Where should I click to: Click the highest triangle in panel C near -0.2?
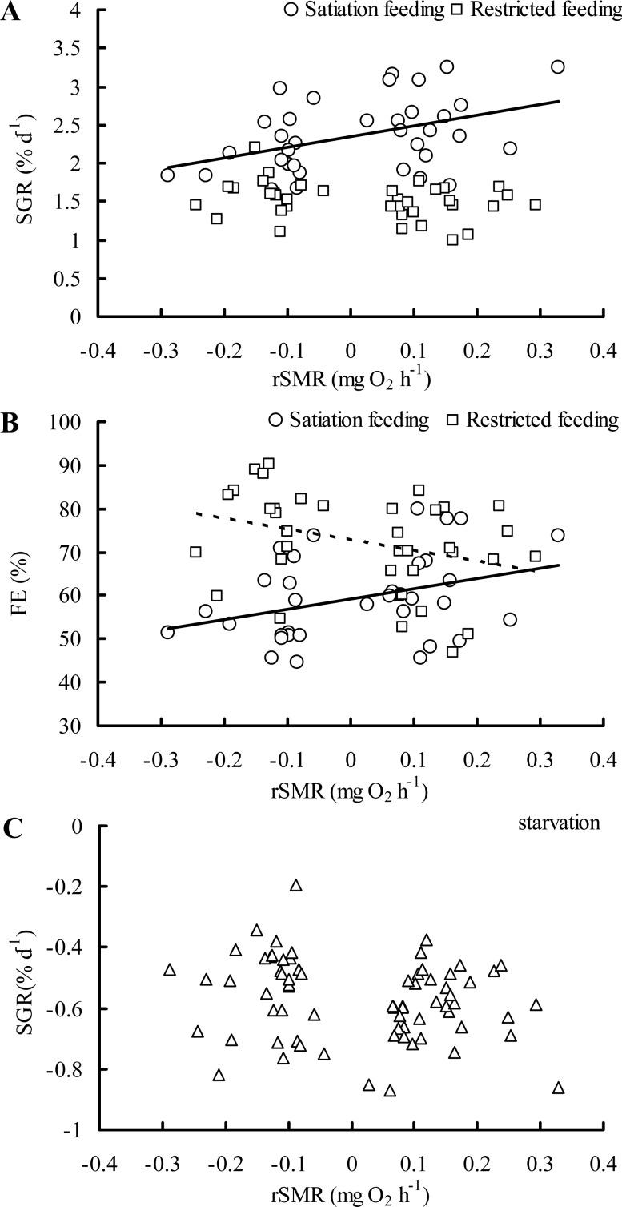click(296, 885)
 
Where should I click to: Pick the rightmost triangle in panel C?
click(558, 1088)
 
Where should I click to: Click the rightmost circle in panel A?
click(558, 66)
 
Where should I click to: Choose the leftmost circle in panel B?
click(167, 632)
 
